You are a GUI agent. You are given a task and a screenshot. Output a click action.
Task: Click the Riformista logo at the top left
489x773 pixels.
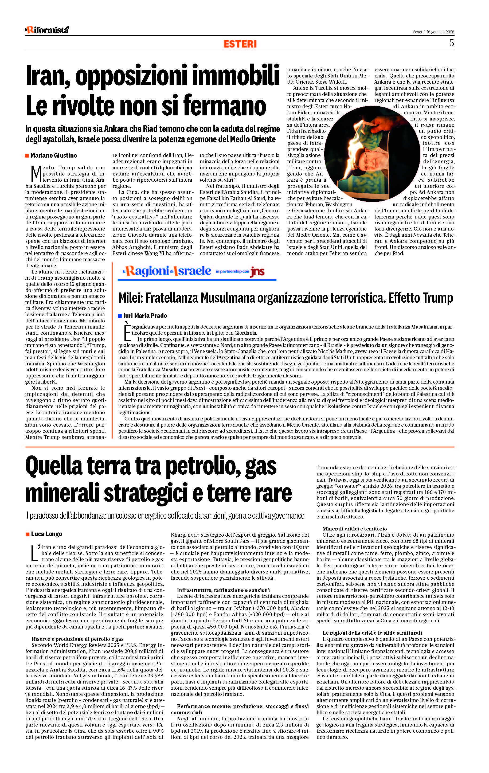coord(47,30)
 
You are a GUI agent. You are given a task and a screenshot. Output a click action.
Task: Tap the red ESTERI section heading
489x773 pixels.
coord(240,44)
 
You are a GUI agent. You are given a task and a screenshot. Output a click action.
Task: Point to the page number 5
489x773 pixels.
coord(451,43)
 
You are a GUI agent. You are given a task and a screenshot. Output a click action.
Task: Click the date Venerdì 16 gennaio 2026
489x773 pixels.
coord(433,32)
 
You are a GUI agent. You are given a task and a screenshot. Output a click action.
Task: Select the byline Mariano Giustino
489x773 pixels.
coord(54,155)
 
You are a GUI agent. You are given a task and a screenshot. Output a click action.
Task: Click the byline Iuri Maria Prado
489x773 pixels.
coord(145,315)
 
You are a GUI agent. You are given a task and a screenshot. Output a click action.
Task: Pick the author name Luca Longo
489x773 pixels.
coord(46,534)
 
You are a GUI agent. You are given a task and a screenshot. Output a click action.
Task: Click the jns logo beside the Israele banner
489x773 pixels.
coord(257,272)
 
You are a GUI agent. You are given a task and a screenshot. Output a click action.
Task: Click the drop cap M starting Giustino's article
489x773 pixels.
coord(36,173)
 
